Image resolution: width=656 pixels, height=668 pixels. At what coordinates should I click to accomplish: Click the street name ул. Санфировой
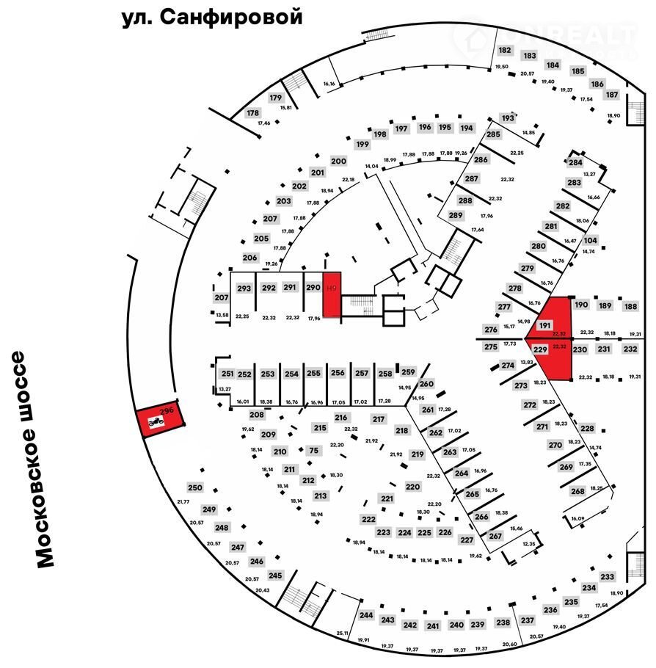pyautogui.click(x=212, y=18)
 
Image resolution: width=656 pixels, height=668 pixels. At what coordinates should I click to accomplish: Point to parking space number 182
pyautogui.click(x=505, y=51)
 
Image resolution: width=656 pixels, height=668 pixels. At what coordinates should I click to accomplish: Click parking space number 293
pyautogui.click(x=244, y=288)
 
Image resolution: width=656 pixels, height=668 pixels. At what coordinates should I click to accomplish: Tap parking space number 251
pyautogui.click(x=227, y=374)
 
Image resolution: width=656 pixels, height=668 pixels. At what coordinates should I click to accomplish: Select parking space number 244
pyautogui.click(x=367, y=615)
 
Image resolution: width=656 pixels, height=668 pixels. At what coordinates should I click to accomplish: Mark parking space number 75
pyautogui.click(x=314, y=451)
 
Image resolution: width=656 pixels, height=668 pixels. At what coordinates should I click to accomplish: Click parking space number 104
pyautogui.click(x=590, y=241)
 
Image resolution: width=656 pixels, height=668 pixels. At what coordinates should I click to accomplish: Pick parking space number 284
pyautogui.click(x=575, y=163)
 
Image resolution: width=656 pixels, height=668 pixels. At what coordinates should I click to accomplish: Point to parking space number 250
pyautogui.click(x=194, y=488)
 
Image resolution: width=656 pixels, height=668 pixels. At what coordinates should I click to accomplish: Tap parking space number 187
pyautogui.click(x=612, y=95)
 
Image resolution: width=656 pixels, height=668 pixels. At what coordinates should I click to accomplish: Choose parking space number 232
pyautogui.click(x=630, y=349)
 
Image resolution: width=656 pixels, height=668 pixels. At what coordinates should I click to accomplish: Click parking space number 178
pyautogui.click(x=253, y=113)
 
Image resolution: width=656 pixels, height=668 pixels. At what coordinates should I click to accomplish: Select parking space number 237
pyautogui.click(x=527, y=621)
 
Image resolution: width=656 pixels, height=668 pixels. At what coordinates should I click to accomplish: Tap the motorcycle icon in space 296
pyautogui.click(x=155, y=422)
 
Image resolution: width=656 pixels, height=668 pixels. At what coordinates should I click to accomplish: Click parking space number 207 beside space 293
pyautogui.click(x=222, y=297)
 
